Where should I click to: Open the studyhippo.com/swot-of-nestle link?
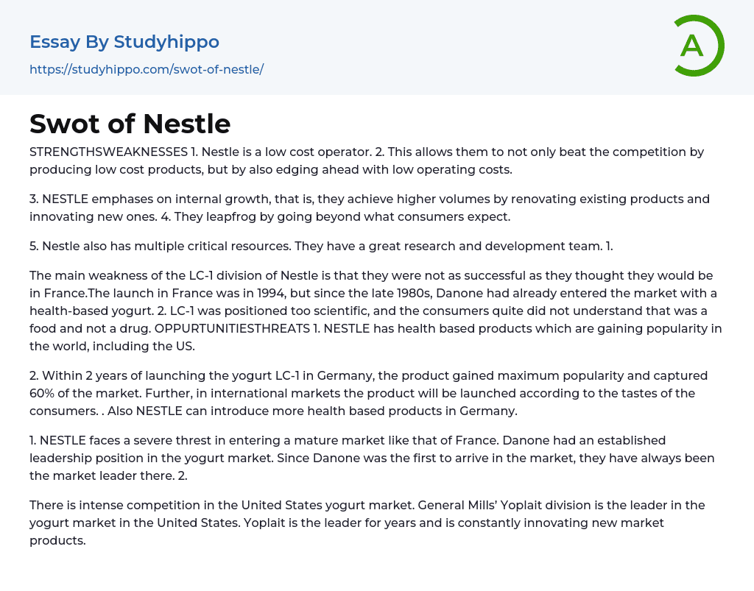coord(147,69)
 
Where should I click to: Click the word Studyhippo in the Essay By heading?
coord(166,42)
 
